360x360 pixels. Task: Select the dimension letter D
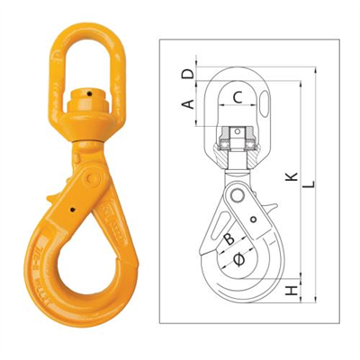187,71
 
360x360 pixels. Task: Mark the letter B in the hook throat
229,239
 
